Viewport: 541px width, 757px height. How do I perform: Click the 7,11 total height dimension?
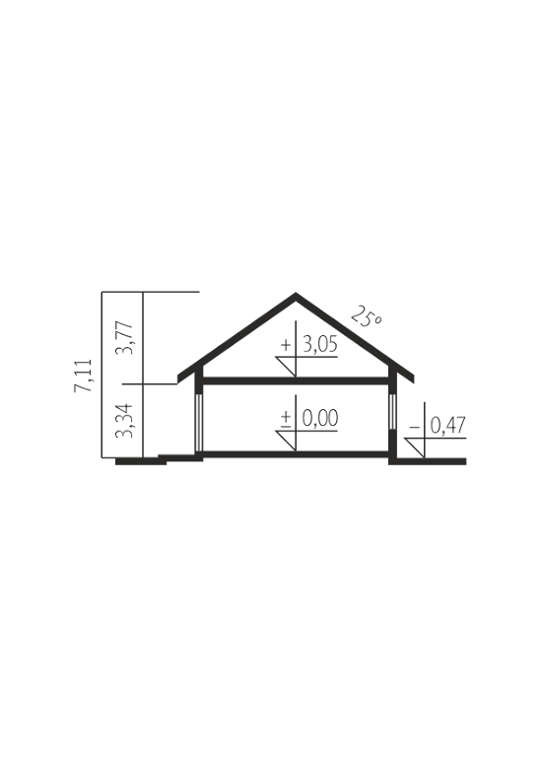tap(83, 375)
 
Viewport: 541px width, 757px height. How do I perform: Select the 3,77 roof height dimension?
tap(124, 337)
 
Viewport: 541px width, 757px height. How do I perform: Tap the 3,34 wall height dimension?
tap(124, 421)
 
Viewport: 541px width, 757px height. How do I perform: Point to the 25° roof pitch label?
tap(367, 316)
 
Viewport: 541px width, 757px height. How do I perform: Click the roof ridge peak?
tap(296, 293)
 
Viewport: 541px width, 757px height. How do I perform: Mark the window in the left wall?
tap(198, 423)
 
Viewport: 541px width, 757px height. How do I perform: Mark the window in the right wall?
tap(392, 411)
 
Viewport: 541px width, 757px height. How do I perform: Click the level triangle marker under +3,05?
tap(286, 367)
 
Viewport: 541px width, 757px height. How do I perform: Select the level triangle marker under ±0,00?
tap(286, 441)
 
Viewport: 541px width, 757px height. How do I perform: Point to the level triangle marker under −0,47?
tap(415, 447)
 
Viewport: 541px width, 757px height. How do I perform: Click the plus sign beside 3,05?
tap(286, 345)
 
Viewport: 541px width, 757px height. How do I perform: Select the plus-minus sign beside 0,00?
tap(286, 419)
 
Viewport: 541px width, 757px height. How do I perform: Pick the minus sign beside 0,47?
tap(414, 427)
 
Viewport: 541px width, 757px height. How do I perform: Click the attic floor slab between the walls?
tap(296, 380)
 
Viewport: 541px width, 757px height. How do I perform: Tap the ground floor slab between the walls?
tap(296, 454)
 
